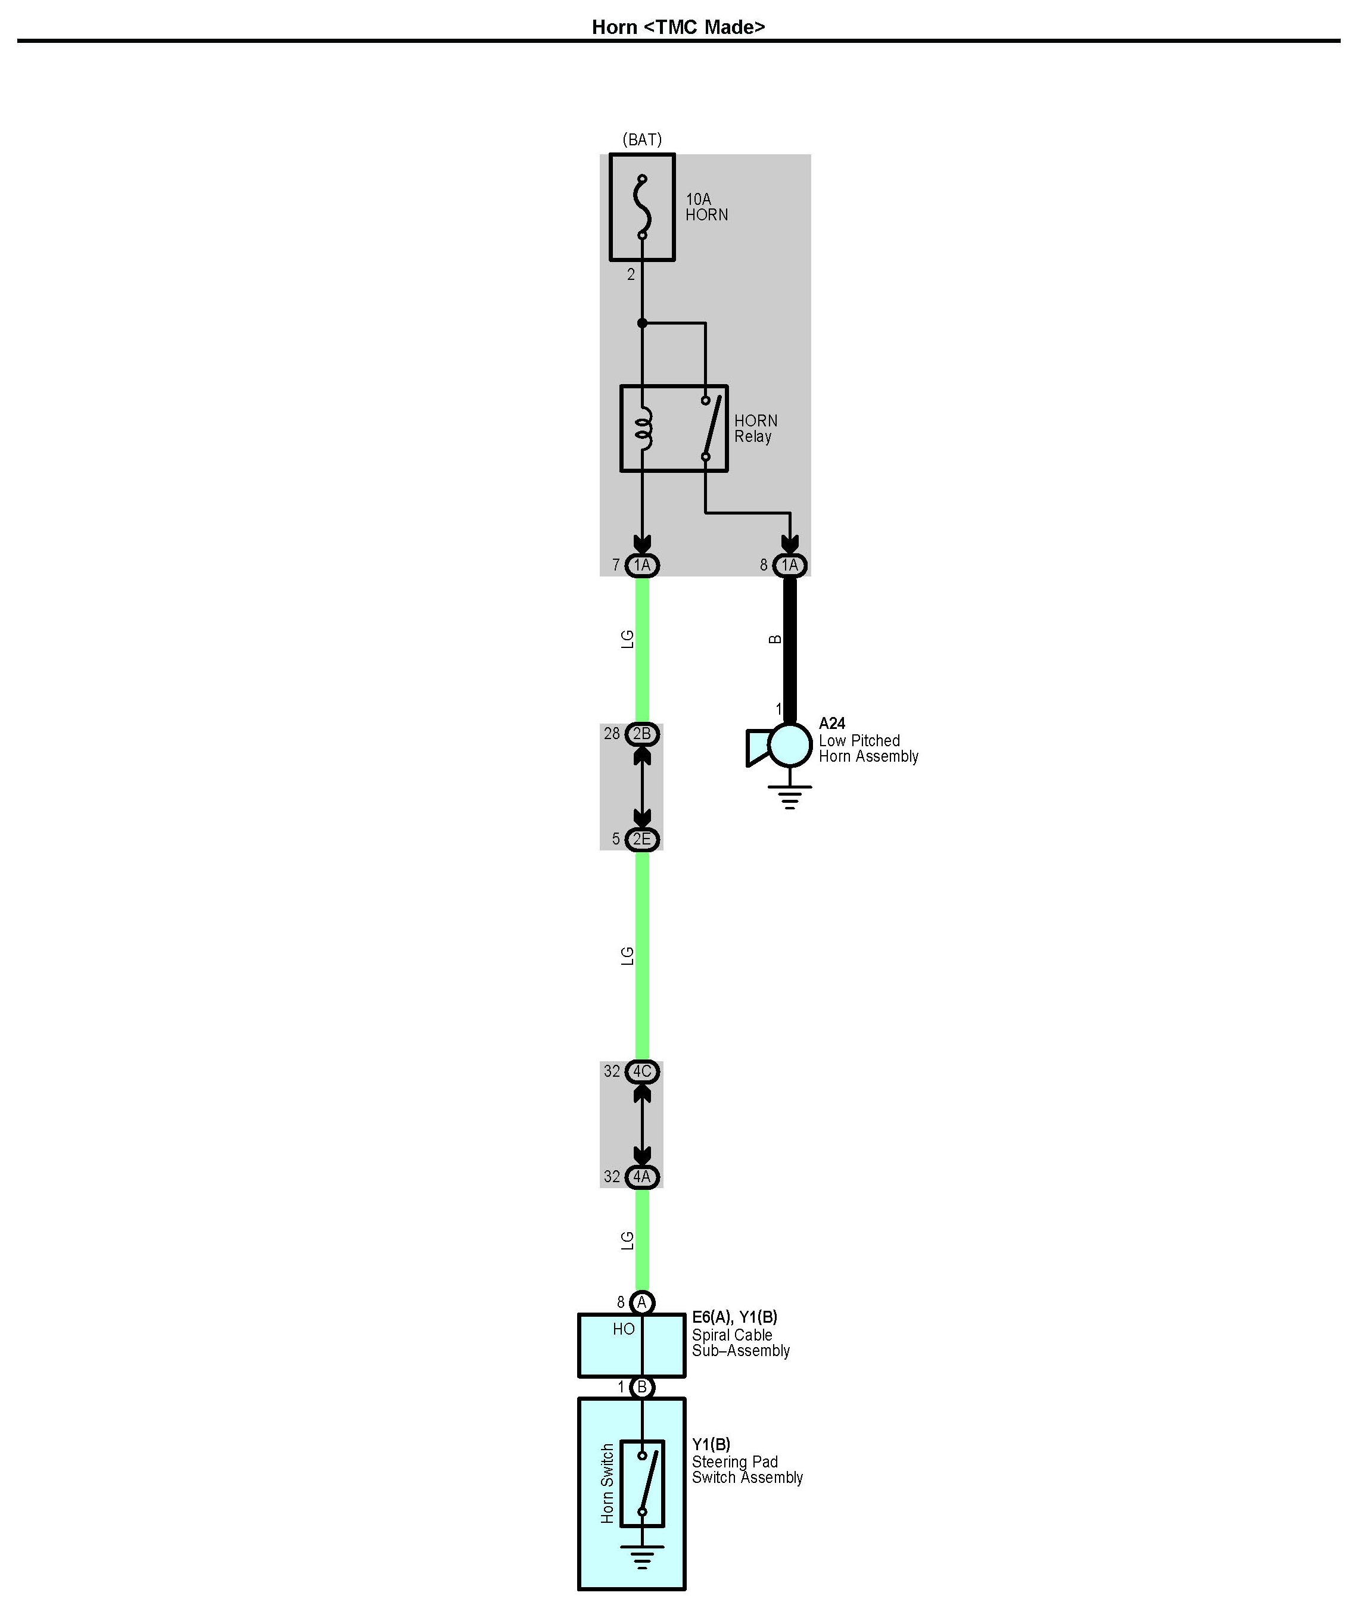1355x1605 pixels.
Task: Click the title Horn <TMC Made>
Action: coord(678,27)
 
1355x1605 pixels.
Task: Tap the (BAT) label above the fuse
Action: coord(641,140)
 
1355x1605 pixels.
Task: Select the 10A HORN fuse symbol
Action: coord(642,207)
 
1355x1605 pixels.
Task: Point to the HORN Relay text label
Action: coord(755,429)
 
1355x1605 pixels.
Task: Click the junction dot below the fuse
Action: coord(642,323)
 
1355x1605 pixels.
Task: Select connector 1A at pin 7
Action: coord(642,565)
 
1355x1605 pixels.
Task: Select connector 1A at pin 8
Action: coord(790,565)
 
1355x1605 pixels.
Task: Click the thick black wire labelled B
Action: coord(790,645)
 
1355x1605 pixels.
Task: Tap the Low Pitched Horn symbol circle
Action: coord(790,745)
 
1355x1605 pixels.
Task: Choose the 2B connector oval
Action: coord(642,734)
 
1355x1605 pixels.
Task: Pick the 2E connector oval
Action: coord(642,839)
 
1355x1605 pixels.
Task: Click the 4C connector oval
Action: coord(642,1071)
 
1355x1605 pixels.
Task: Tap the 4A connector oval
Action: coord(642,1176)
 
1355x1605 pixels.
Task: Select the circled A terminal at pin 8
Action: coord(642,1302)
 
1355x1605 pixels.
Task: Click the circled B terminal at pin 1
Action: coord(642,1388)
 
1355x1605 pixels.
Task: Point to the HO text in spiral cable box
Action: coord(623,1329)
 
